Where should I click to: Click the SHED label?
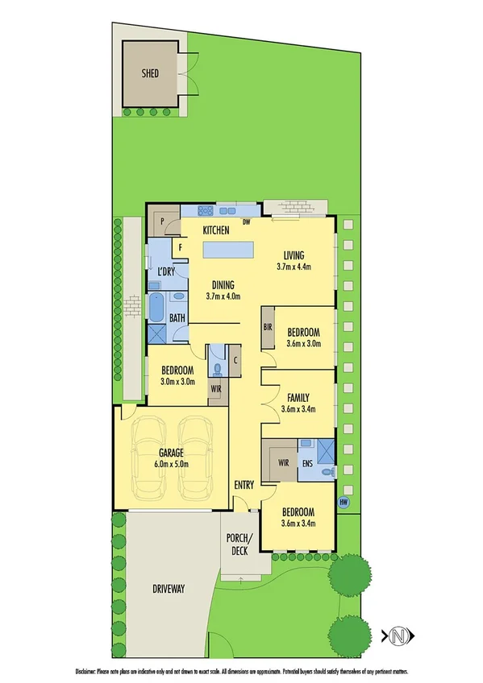(150, 73)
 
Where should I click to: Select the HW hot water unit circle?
(344, 502)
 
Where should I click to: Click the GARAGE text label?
(170, 453)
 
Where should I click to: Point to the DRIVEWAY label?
(168, 590)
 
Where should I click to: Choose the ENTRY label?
(244, 485)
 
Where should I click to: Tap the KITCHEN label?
(216, 230)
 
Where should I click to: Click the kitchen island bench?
(229, 250)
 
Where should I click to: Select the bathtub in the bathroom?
(157, 308)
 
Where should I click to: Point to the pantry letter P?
(162, 221)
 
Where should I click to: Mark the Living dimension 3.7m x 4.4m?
(294, 266)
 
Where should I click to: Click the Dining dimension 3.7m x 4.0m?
(223, 296)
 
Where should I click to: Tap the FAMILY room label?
(298, 397)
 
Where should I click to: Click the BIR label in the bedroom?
(268, 328)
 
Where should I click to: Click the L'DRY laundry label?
(167, 271)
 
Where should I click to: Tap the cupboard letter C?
(235, 360)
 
